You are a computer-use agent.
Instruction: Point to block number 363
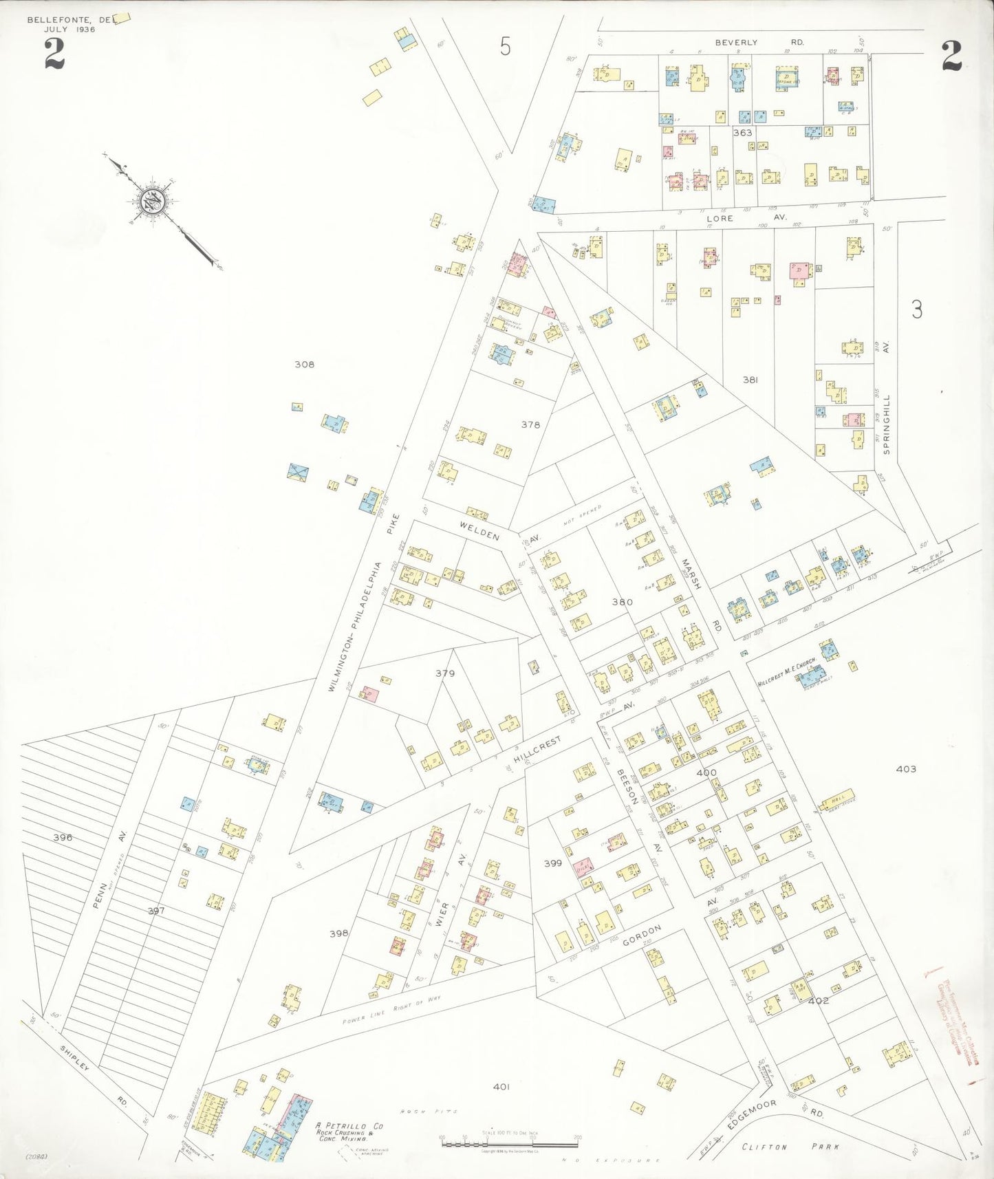pyautogui.click(x=742, y=133)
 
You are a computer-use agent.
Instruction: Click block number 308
pyautogui.click(x=304, y=365)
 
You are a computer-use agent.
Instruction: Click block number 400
pyautogui.click(x=706, y=772)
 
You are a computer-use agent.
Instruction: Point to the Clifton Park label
pyautogui.click(x=790, y=1147)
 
